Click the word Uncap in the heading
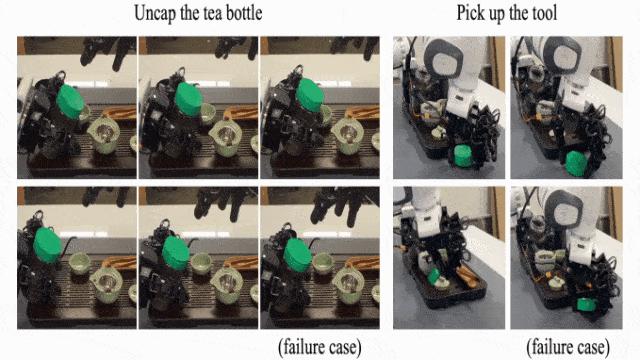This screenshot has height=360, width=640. click(x=156, y=13)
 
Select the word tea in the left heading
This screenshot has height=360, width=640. click(x=213, y=13)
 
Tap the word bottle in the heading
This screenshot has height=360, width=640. click(x=244, y=13)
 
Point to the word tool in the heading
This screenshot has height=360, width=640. click(x=544, y=13)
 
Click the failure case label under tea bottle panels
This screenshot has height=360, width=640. click(x=320, y=347)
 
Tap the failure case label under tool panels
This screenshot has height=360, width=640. click(x=568, y=347)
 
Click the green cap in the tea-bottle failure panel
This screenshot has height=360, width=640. click(x=298, y=255)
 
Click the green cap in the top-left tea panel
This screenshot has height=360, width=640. click(x=71, y=101)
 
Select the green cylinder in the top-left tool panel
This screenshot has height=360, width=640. click(x=463, y=156)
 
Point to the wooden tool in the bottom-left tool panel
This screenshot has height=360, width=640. click(x=467, y=277)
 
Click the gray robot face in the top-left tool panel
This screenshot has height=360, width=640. click(x=444, y=60)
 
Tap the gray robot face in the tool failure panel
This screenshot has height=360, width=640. click(x=564, y=211)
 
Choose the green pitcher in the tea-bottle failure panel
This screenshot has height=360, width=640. click(x=348, y=285)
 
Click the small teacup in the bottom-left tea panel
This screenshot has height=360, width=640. click(x=80, y=263)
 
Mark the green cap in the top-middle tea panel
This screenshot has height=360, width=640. click(x=189, y=99)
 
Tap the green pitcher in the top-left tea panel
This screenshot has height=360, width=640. click(x=104, y=135)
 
